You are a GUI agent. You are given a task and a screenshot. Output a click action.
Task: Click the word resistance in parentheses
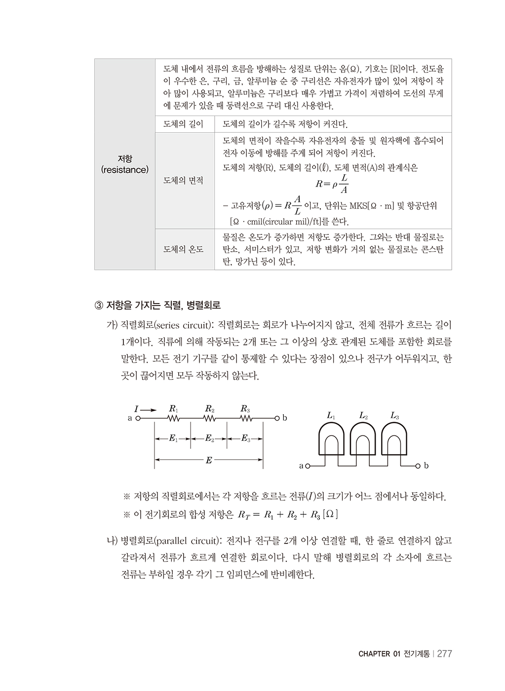[x=124, y=170]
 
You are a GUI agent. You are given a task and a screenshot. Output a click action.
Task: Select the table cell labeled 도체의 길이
[x=183, y=124]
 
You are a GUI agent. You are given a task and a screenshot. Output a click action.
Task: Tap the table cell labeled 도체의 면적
[x=183, y=181]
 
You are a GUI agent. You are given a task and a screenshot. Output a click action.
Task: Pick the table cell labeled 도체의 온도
[x=183, y=249]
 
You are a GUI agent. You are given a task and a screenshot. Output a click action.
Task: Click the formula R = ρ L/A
[x=332, y=184]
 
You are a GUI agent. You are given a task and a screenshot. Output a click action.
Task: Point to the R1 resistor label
[x=173, y=409]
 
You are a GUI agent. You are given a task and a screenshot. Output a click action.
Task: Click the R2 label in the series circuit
[x=209, y=409]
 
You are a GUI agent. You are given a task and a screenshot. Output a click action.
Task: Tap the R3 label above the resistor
[x=245, y=409]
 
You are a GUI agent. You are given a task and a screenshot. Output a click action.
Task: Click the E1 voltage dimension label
[x=173, y=438]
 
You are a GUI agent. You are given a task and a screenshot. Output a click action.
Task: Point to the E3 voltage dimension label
[x=245, y=438]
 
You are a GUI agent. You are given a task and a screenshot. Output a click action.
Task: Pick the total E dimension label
[x=209, y=461]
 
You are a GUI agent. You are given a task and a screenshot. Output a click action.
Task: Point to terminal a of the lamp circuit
[x=308, y=465]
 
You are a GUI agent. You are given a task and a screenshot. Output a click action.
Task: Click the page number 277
[x=444, y=653]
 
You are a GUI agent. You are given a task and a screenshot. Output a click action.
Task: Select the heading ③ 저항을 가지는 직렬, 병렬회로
[x=157, y=306]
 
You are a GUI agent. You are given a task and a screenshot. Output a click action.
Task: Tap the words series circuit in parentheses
[x=183, y=326]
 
